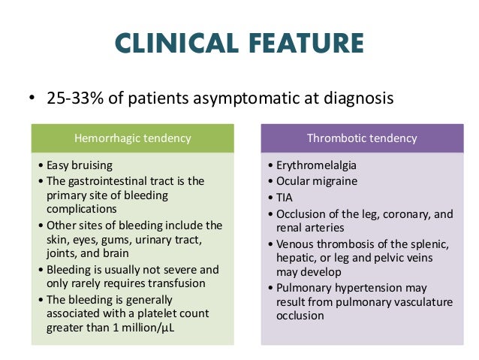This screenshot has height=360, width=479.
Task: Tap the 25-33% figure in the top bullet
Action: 74,98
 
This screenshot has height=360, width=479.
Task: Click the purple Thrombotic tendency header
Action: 362,138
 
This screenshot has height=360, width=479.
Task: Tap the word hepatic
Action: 295,258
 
